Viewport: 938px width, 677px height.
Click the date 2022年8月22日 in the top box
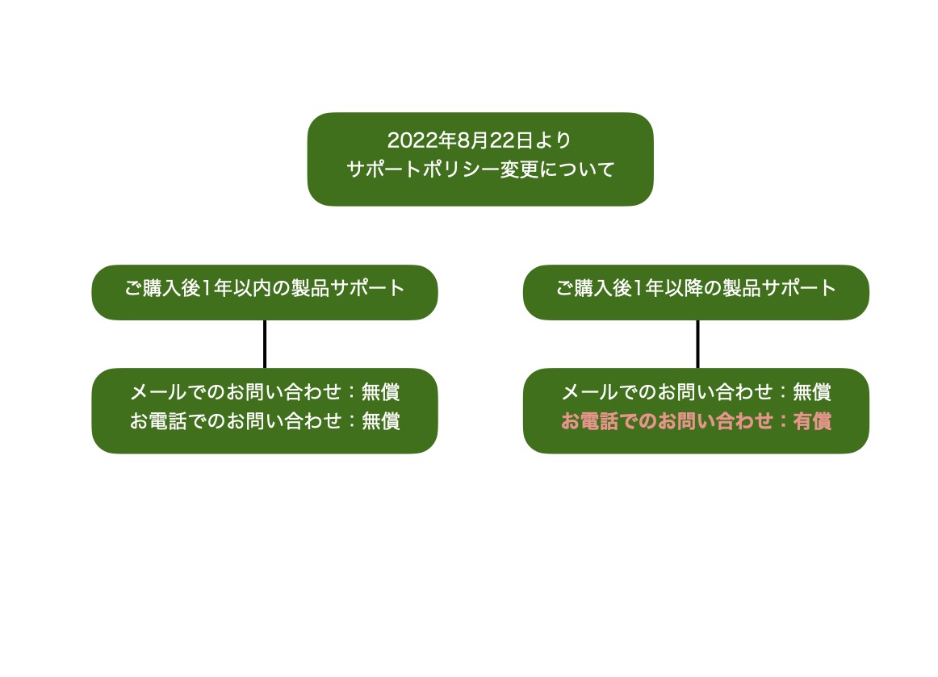coord(459,140)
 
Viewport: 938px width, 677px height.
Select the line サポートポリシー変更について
coord(480,169)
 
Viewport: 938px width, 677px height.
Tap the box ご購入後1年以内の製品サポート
coord(265,292)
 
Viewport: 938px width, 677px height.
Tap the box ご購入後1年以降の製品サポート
coord(696,292)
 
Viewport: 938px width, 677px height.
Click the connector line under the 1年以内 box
coord(265,344)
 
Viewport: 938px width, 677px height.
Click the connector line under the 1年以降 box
coord(697,344)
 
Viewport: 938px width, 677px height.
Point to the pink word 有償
coord(812,421)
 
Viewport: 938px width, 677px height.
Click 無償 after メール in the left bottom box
coord(380,391)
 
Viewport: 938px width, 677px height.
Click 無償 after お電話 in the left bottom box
coord(380,421)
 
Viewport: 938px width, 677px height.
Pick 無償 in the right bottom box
coord(812,391)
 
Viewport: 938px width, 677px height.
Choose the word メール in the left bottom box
coord(158,391)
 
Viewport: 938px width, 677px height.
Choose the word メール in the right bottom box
coord(589,391)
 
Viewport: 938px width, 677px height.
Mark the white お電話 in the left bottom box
coord(158,421)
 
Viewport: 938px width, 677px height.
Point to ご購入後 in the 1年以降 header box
coord(593,288)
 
